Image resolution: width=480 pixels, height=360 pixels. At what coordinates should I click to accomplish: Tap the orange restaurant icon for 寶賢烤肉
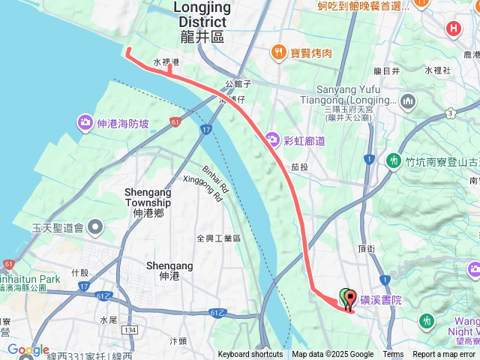click(x=279, y=52)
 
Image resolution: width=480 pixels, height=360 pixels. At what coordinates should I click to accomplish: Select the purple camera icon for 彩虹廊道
click(x=271, y=139)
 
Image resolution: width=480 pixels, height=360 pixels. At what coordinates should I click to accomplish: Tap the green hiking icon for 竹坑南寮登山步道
click(x=393, y=160)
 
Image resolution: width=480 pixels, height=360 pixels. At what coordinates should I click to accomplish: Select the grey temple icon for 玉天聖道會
click(x=95, y=226)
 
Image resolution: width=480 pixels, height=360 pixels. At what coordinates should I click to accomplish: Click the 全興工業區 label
click(x=218, y=238)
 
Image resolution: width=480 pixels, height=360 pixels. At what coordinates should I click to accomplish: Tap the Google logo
click(x=28, y=350)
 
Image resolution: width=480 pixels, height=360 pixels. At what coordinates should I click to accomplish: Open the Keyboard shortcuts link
click(x=250, y=355)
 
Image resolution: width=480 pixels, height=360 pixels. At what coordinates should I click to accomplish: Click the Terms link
click(x=393, y=355)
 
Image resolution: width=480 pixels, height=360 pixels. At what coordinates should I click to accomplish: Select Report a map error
click(x=444, y=355)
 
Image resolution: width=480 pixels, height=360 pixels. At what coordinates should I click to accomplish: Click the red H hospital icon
click(x=453, y=29)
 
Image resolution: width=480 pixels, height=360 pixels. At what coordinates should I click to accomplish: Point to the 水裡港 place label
click(x=166, y=62)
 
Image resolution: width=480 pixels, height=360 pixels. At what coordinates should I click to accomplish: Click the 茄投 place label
click(x=300, y=167)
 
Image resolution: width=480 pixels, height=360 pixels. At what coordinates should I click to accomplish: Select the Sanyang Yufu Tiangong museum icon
click(x=408, y=100)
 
